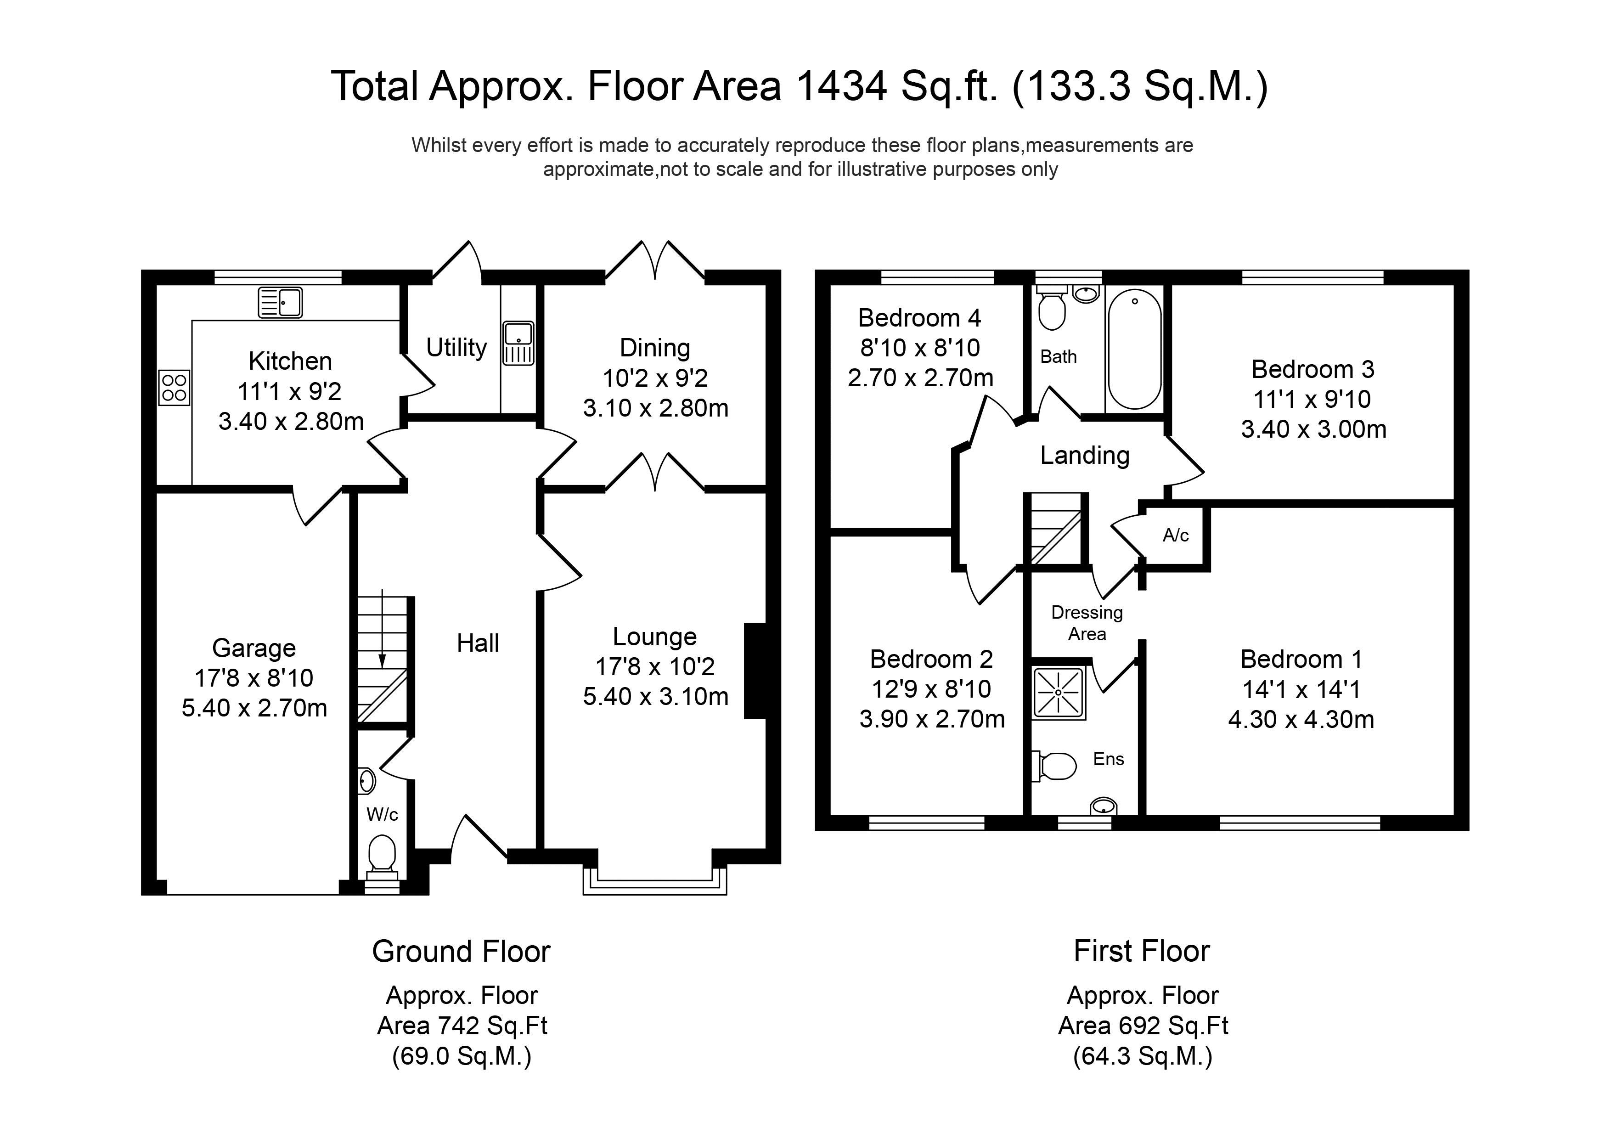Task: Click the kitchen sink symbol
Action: click(280, 303)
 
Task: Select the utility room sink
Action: click(518, 343)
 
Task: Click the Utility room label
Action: click(456, 347)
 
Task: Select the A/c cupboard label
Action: click(1175, 536)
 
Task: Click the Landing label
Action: click(1084, 456)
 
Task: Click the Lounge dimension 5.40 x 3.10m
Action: click(655, 696)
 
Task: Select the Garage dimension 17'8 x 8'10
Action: click(253, 678)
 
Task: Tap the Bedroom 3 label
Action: click(1313, 369)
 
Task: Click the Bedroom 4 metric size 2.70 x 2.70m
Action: click(920, 378)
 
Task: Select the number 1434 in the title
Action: click(841, 86)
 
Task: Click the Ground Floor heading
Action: click(461, 952)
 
